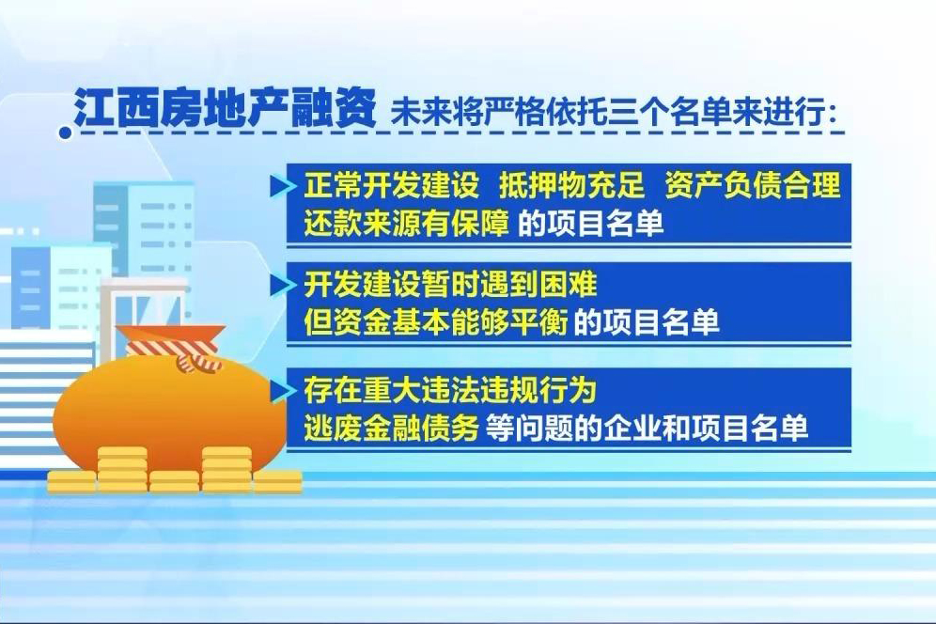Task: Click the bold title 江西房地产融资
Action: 225,109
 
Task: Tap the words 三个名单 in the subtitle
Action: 670,111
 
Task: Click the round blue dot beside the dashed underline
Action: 65,133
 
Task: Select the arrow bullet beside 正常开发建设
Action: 282,186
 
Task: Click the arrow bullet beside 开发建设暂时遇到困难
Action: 282,284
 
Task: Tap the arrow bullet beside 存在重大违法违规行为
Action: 282,391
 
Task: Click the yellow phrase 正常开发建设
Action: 392,184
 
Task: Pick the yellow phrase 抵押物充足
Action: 571,184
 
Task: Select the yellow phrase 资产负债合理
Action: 752,184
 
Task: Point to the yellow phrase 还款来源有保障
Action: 406,224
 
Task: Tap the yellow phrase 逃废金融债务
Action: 391,428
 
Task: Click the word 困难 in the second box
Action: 568,284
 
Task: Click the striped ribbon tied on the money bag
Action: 173,351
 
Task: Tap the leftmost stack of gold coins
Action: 71,481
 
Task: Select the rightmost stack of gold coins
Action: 277,481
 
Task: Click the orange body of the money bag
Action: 167,412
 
